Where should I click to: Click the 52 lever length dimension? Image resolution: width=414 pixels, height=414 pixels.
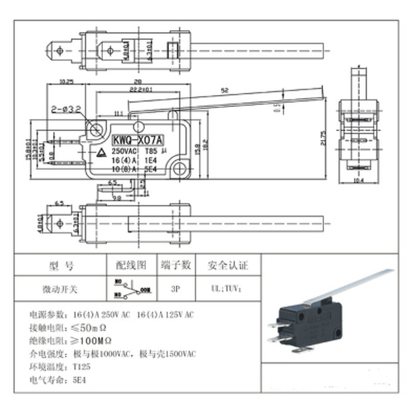pyautogui.click(x=224, y=91)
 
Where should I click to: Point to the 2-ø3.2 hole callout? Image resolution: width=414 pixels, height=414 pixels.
pyautogui.click(x=65, y=110)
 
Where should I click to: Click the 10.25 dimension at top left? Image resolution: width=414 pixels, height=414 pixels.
pyautogui.click(x=66, y=82)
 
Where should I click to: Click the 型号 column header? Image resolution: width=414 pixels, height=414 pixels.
pyautogui.click(x=61, y=266)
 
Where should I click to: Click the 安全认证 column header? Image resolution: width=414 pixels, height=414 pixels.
pyautogui.click(x=228, y=266)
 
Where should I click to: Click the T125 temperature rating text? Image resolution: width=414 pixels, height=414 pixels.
pyautogui.click(x=80, y=367)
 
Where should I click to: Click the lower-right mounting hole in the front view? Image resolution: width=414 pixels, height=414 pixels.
pyautogui.click(x=180, y=168)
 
